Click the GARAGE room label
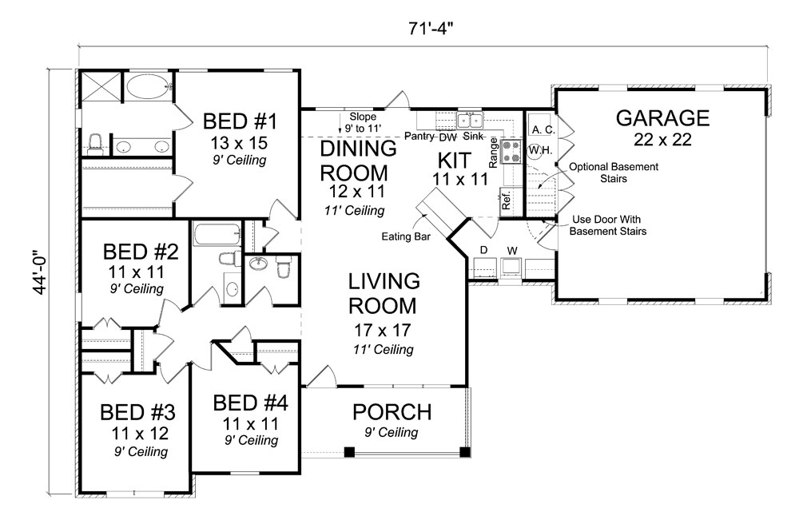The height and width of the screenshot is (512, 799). click(662, 118)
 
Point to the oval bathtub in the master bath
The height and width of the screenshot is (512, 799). click(149, 85)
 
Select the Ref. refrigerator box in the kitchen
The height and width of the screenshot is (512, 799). click(507, 199)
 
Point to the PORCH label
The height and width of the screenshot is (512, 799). click(392, 412)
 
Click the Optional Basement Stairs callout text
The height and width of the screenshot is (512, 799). click(613, 173)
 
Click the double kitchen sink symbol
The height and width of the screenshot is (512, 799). click(470, 121)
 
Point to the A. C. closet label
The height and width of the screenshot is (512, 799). click(543, 129)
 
